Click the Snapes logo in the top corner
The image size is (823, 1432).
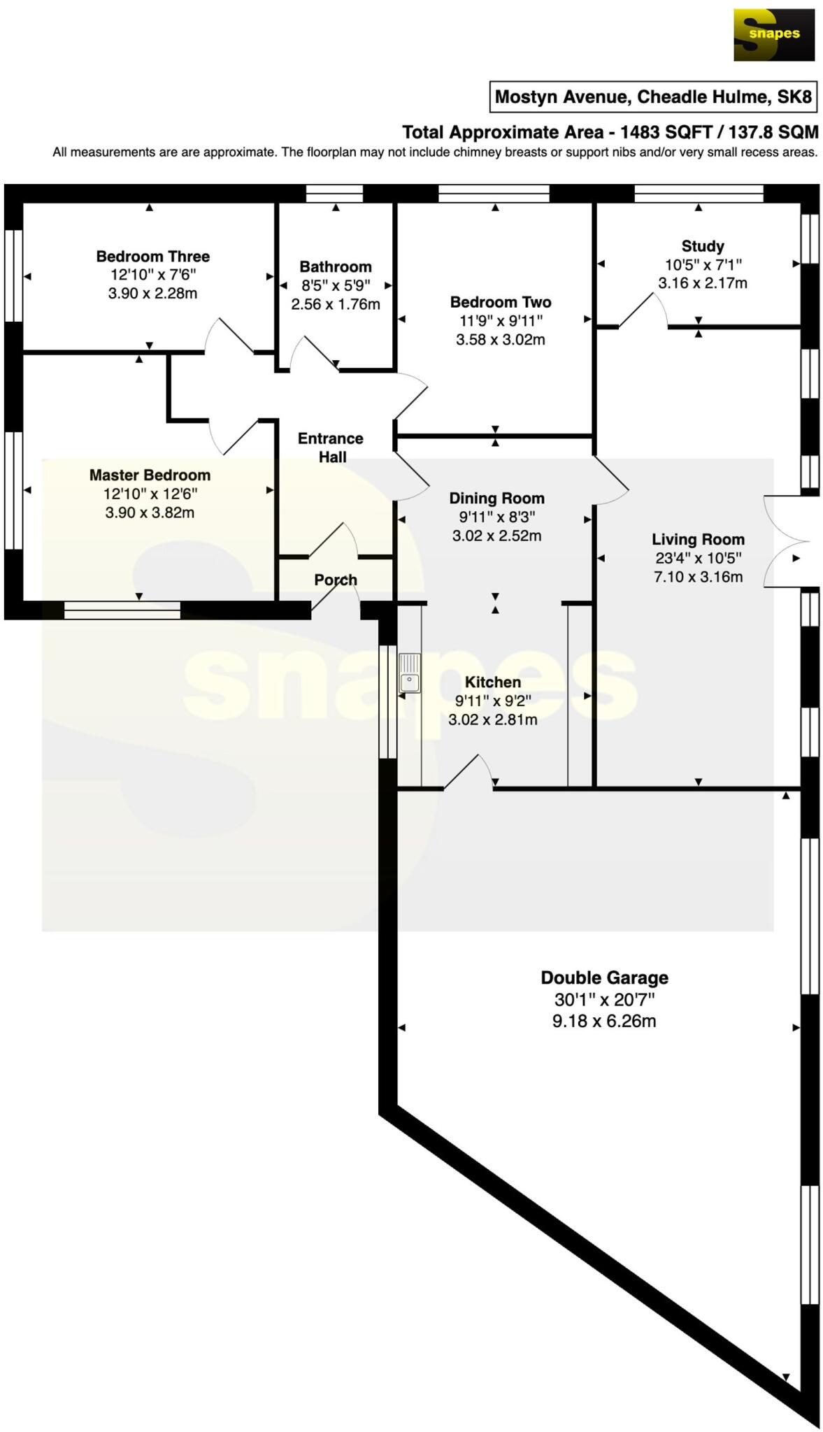click(773, 35)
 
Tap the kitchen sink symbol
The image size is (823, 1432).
click(410, 673)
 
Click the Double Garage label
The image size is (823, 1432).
click(604, 978)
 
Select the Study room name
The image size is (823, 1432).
click(702, 246)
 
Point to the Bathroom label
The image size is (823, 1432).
click(336, 266)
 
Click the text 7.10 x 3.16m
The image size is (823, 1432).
click(698, 577)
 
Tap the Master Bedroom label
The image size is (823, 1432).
click(150, 475)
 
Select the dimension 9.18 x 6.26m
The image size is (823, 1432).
click(604, 1021)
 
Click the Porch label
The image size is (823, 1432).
click(336, 580)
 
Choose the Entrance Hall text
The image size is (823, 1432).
click(331, 447)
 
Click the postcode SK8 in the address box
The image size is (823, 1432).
click(795, 96)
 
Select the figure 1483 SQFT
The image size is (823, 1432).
click(666, 132)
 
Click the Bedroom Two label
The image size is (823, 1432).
click(501, 302)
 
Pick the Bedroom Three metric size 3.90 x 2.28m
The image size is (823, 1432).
click(152, 294)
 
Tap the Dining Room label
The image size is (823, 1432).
click(496, 499)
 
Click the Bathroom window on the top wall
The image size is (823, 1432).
click(335, 193)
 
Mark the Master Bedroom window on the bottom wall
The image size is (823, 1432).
click(122, 610)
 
